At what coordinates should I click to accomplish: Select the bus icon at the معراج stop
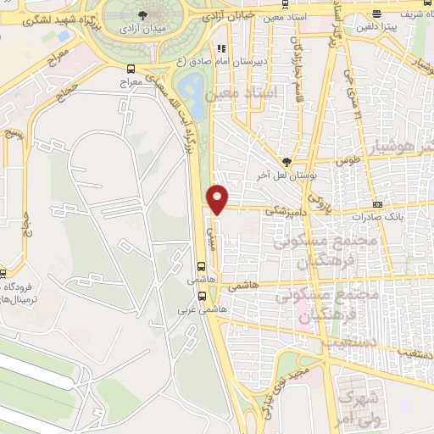coord(130,68)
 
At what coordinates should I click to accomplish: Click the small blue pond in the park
coord(193,94)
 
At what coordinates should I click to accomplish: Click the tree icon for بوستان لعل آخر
coord(287,161)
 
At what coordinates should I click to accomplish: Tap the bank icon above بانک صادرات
coord(377,204)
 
